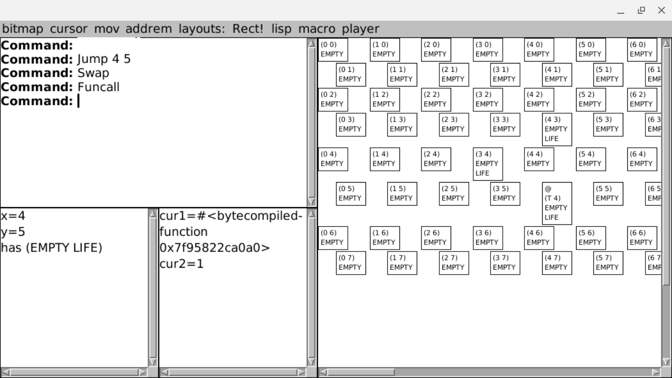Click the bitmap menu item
[x=23, y=29]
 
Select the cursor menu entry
[x=68, y=29]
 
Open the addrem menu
[x=149, y=29]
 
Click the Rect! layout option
[x=248, y=29]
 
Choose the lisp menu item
[x=281, y=29]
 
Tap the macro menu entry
[x=316, y=29]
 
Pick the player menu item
[x=361, y=29]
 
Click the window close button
[x=661, y=10]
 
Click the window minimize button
[x=621, y=10]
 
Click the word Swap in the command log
[x=93, y=73]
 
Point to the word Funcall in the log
[x=98, y=87]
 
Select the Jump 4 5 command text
[x=104, y=60]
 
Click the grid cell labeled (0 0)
[x=333, y=50]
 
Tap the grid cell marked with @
[x=557, y=203]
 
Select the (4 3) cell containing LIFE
[x=557, y=129]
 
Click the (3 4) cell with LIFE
[x=488, y=164]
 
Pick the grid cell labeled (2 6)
[x=436, y=238]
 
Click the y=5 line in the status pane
[x=13, y=232]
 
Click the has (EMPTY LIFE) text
[x=52, y=248]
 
